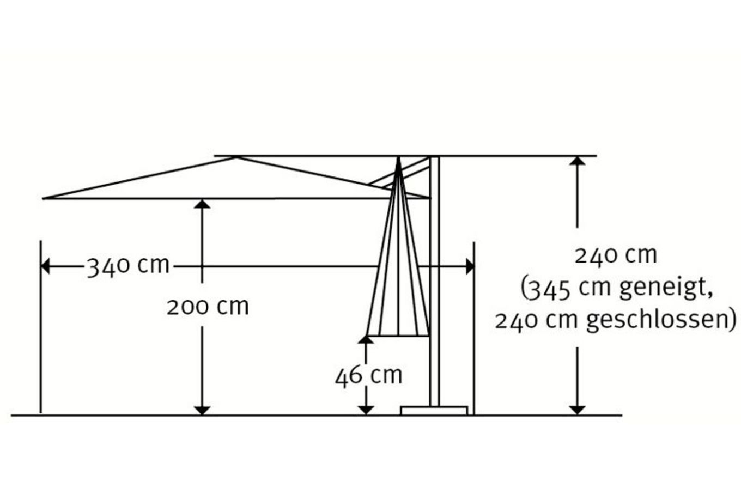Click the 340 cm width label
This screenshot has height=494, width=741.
coord(127,266)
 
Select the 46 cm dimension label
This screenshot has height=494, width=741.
coord(368,376)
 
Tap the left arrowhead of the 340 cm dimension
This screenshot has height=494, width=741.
coord(45,266)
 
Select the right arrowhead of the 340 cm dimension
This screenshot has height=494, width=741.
coord(470,266)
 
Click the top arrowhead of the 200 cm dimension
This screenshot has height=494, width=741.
coord(202,204)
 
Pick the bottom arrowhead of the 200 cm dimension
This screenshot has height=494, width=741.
coord(202,410)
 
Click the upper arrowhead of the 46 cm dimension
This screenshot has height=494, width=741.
coord(366,339)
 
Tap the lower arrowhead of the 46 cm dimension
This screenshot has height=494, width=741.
coord(366,410)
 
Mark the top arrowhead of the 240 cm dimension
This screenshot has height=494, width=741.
coord(578,161)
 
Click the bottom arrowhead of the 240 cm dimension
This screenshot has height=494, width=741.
coord(578,410)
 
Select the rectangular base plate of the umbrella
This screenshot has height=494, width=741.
coord(434,410)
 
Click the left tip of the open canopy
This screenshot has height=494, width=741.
coord(44,198)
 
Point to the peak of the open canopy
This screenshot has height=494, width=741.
coord(236,157)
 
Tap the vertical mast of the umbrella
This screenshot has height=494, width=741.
coord(435,281)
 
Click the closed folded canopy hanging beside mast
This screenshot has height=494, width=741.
coord(398,251)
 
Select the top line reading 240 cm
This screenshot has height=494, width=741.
coord(616,255)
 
